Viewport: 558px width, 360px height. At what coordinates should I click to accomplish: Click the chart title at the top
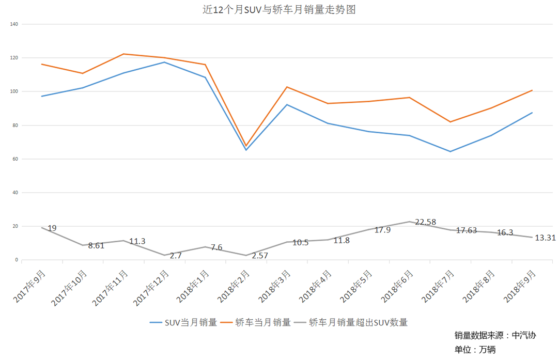tap(279, 10)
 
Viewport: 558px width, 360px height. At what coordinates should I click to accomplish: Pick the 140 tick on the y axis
tap(14, 24)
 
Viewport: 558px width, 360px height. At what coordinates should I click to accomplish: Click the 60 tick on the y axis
tap(15, 159)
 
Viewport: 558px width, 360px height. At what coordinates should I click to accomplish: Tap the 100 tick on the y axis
tap(14, 91)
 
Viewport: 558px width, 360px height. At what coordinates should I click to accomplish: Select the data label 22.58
tap(425, 222)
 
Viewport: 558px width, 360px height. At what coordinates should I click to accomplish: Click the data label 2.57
tap(260, 255)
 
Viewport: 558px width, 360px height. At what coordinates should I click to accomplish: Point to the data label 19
tap(52, 228)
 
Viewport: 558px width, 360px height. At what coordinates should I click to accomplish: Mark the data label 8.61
tap(96, 246)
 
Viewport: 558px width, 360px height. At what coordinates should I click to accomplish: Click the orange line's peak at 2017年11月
tap(123, 54)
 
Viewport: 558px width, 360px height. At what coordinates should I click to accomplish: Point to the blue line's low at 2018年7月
tap(450, 151)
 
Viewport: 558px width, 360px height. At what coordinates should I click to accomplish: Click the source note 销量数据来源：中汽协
tap(495, 335)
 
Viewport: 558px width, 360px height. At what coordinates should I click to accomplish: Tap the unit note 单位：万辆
tap(475, 350)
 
